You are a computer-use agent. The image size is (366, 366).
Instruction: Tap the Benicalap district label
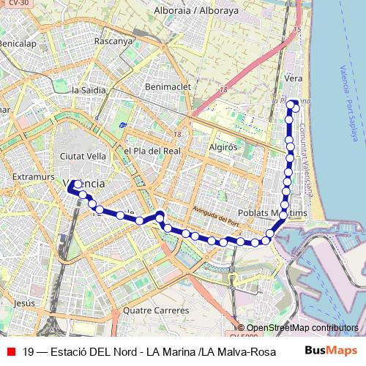(x=17, y=44)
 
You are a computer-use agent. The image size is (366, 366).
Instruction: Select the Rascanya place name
(x=113, y=41)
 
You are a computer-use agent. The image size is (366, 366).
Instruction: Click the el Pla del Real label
(x=152, y=151)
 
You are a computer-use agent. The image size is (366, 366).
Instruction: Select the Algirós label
(x=224, y=146)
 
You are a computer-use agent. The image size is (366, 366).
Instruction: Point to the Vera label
(x=293, y=78)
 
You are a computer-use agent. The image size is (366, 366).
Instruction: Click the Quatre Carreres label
(x=156, y=310)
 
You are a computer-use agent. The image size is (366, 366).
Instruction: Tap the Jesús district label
(x=24, y=302)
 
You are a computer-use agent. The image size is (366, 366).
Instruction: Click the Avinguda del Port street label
(x=214, y=216)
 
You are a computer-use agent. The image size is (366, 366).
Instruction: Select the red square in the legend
(x=10, y=351)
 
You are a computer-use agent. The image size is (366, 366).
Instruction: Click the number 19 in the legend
(x=29, y=351)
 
